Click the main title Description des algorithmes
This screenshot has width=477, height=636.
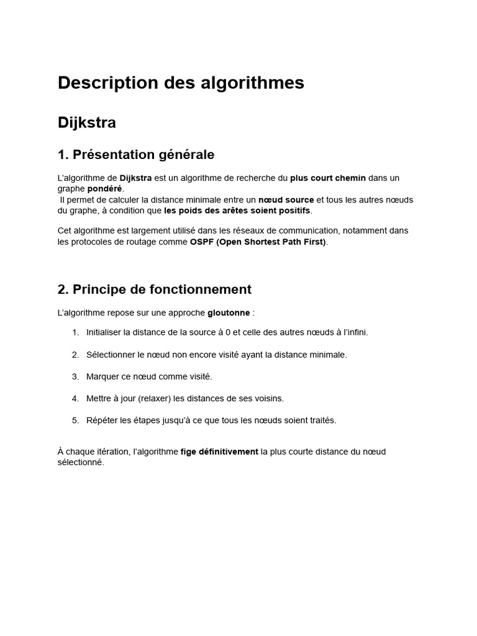[181, 83]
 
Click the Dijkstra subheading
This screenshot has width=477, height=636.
[87, 123]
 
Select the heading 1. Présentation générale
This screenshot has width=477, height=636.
[135, 154]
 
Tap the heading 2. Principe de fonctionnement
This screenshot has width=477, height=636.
[154, 289]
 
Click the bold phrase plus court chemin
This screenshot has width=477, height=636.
[328, 178]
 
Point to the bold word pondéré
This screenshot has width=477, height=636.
[105, 188]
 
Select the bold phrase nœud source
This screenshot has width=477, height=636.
[286, 199]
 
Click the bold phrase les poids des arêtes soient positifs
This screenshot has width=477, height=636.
[237, 210]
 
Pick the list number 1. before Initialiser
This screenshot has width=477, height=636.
[75, 332]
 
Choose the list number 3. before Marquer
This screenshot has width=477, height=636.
[75, 376]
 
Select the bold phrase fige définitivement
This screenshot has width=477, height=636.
[219, 452]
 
